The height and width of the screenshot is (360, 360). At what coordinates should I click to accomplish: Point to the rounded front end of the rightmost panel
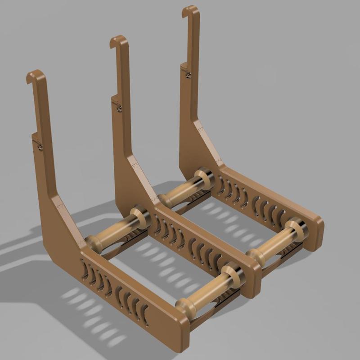[x=318, y=227]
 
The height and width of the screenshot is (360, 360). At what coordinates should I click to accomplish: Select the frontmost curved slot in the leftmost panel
[x=144, y=312]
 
